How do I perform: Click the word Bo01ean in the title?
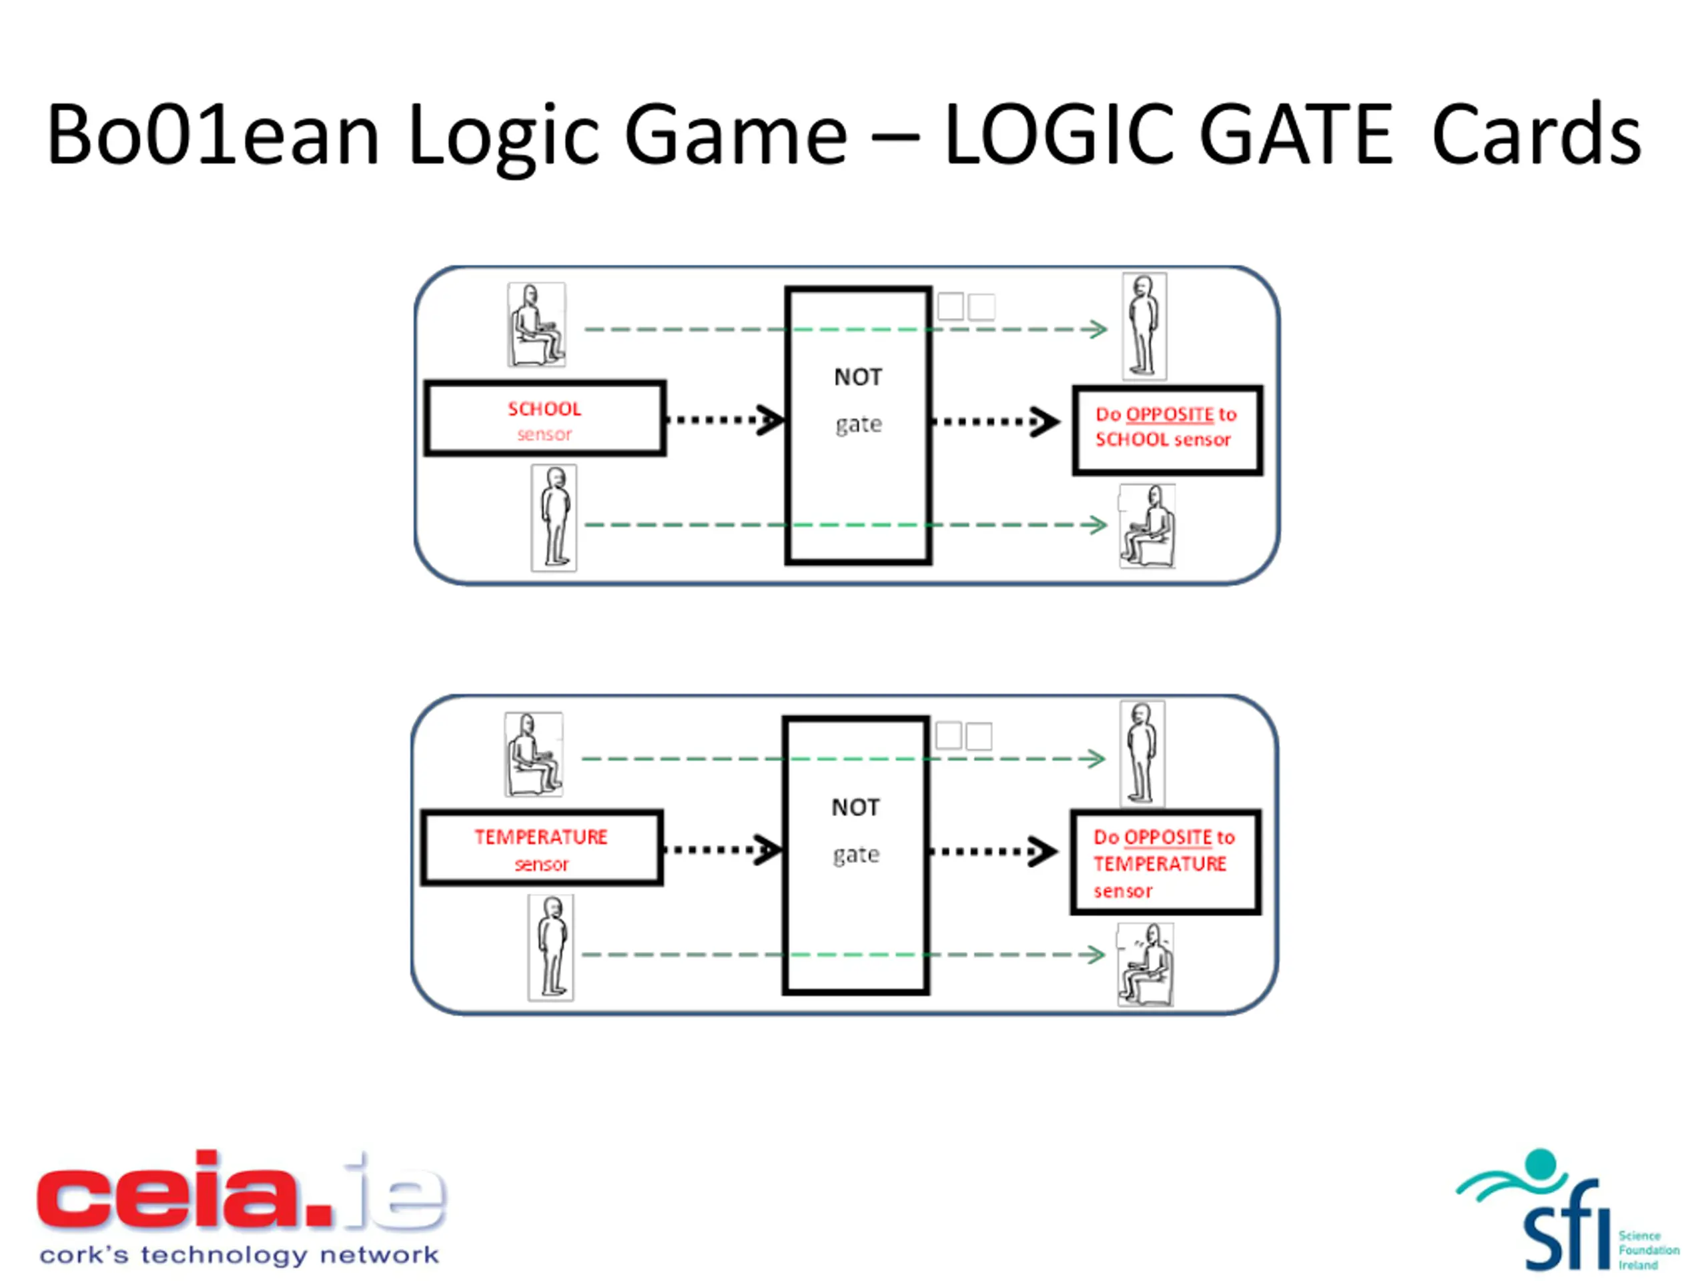(x=213, y=135)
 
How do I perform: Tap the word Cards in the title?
(x=1536, y=135)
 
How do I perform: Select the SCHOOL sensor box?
(x=544, y=418)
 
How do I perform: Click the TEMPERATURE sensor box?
(x=541, y=848)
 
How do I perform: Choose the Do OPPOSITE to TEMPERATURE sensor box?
(x=1164, y=862)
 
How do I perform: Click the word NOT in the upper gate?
(x=857, y=377)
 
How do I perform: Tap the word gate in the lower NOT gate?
(x=855, y=854)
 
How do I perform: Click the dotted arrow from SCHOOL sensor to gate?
(x=725, y=420)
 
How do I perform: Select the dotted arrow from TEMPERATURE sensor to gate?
(x=722, y=850)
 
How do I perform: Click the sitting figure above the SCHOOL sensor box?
(x=536, y=324)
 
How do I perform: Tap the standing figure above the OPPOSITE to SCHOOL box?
(x=1144, y=326)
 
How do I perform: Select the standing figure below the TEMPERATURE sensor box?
(x=550, y=947)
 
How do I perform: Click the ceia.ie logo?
(x=240, y=1192)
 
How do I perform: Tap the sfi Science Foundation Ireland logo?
(x=1567, y=1213)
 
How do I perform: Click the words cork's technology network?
(x=240, y=1255)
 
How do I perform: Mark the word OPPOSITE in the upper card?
(x=1169, y=414)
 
